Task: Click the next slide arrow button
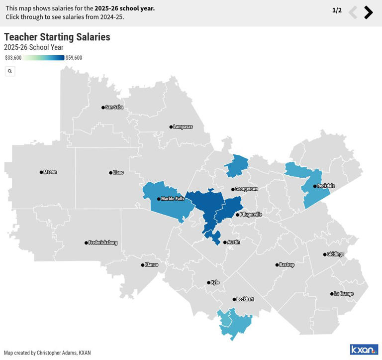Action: (368, 12)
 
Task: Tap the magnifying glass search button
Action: (10, 71)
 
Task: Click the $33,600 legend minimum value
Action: (13, 58)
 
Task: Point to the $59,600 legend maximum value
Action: (74, 58)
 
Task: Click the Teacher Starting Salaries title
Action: (57, 37)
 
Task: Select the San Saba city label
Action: (114, 107)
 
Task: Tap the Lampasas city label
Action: (183, 127)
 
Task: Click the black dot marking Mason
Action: (41, 172)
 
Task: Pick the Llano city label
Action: (118, 173)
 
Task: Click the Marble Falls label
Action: (173, 199)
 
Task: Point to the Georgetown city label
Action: (247, 189)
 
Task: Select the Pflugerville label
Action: (251, 215)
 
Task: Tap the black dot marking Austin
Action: (225, 242)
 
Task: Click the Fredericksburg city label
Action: (103, 243)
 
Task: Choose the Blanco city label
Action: (152, 265)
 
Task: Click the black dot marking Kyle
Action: (208, 283)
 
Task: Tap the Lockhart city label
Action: (245, 299)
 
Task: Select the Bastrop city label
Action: (287, 265)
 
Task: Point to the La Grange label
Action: (344, 294)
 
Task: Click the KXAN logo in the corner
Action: (364, 350)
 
